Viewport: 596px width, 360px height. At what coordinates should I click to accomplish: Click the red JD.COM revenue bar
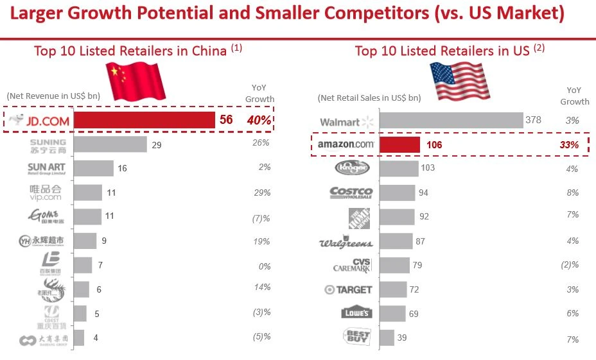coord(145,120)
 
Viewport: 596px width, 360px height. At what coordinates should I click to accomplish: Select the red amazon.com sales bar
coord(399,144)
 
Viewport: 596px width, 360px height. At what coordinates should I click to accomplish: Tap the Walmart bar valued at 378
coord(451,121)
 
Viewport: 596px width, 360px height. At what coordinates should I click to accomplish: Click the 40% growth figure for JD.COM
coord(260,120)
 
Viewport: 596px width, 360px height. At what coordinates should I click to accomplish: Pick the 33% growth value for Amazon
coord(568,145)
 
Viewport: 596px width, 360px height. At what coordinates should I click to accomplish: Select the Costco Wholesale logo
coord(351,193)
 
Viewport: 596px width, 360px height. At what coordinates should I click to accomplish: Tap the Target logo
coord(348,290)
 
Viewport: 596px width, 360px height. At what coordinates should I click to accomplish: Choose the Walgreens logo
coord(346,243)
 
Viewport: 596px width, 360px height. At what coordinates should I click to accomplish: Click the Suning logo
coord(48,145)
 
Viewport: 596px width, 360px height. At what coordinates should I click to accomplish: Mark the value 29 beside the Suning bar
coord(157,146)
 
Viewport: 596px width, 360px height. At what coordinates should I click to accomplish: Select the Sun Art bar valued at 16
coord(94,169)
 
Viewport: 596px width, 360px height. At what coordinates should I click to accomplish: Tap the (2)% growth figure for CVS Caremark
coord(570,264)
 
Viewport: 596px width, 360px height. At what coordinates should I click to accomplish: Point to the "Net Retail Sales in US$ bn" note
coord(369,98)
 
